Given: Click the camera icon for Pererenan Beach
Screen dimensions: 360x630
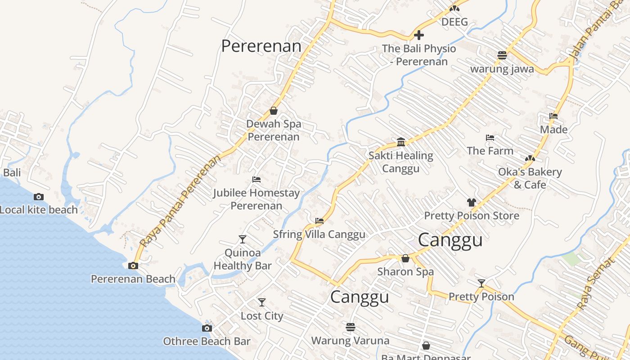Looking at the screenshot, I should pos(133,265).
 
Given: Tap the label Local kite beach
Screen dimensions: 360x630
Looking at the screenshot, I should pos(39,210).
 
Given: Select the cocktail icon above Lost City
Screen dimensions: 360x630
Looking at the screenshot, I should pos(261,302).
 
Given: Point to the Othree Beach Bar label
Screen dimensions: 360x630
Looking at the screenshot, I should pos(207,342).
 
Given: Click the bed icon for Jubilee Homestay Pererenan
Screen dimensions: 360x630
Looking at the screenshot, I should pos(256,180).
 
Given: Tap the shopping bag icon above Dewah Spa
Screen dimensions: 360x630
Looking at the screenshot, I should pos(273,111).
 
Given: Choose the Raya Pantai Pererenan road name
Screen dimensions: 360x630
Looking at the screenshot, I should pos(180,201).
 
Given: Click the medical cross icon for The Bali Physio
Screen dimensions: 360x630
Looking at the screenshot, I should pos(419,35).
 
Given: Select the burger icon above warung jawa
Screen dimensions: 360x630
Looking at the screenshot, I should pos(502,55).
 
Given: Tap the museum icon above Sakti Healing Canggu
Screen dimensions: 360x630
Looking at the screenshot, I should pos(401,143).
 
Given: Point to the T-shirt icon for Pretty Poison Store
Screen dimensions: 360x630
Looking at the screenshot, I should pos(471,202).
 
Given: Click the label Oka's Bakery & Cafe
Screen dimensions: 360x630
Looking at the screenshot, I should pos(530,178).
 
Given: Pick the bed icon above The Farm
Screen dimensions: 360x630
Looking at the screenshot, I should pos(490,138).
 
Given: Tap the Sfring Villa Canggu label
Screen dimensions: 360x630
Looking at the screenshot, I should pos(319,234).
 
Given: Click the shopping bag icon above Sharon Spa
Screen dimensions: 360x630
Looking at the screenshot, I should pos(405,258).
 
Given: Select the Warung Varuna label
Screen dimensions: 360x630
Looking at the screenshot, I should pos(350,341).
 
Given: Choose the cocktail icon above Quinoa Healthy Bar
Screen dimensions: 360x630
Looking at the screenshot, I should pos(243,239).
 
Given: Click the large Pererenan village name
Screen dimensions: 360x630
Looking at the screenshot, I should pos(261,46).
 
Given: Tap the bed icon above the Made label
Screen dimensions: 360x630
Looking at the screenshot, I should pos(553,116).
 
